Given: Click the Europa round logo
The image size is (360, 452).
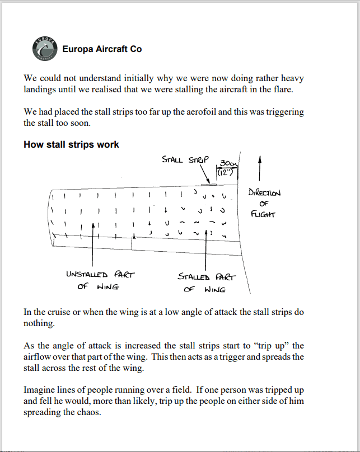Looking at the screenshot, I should (44, 49).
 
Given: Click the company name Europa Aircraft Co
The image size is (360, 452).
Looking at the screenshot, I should (102, 49).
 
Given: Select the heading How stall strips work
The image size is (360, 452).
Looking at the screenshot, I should (71, 144).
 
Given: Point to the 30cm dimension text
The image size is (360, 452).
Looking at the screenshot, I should (228, 163).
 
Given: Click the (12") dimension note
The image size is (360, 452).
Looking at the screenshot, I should (225, 172).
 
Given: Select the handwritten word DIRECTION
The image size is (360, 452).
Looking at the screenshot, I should (264, 193).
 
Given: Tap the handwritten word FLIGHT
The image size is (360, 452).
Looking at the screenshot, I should (264, 214).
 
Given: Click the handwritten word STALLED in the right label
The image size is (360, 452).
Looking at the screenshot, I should (194, 276).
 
